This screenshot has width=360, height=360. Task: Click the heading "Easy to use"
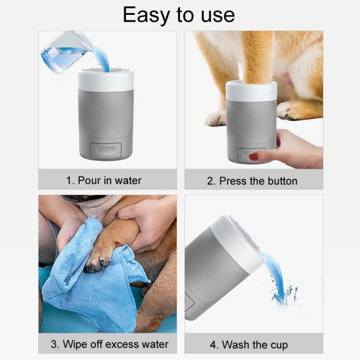click(x=179, y=15)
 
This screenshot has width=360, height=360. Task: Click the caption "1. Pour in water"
click(x=104, y=180)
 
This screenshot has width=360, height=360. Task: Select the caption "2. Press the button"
click(x=252, y=181)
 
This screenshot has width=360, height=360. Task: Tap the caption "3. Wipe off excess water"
click(x=109, y=344)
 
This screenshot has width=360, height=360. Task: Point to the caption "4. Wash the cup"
click(x=248, y=345)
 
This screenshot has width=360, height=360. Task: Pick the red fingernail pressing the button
click(x=253, y=156)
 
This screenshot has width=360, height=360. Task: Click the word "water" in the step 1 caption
click(x=128, y=180)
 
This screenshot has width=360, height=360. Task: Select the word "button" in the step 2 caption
click(x=282, y=181)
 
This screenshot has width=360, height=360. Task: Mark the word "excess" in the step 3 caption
click(x=118, y=344)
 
